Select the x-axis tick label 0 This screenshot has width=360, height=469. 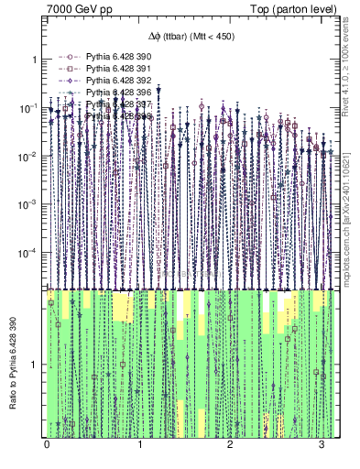[x=48, y=444]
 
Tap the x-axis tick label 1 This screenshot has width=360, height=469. [x=139, y=444]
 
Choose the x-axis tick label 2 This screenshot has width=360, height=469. [x=231, y=444]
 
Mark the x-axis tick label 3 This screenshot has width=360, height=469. [x=322, y=444]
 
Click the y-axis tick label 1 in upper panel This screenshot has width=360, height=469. [x=35, y=60]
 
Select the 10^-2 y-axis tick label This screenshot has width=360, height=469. [x=29, y=156]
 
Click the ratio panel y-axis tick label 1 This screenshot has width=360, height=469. [x=35, y=365]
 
